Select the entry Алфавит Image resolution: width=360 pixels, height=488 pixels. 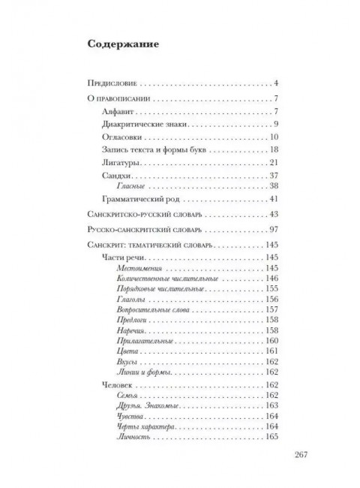click(116, 112)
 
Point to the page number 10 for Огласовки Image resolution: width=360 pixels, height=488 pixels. click(274, 137)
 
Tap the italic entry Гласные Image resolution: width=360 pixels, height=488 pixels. click(133, 186)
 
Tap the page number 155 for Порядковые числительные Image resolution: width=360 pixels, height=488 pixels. click(271, 288)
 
